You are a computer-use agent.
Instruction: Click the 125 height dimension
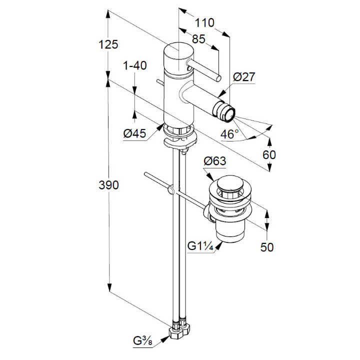108,44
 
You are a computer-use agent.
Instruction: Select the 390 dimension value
108,185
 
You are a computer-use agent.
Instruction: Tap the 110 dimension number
204,22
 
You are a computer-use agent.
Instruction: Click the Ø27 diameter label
244,77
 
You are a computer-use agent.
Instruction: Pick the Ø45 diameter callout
134,133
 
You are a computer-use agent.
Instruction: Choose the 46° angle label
230,133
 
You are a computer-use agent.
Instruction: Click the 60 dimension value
269,155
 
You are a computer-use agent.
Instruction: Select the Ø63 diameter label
215,161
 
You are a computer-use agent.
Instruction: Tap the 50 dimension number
267,247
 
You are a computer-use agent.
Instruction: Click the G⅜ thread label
143,342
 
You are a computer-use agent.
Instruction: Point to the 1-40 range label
134,66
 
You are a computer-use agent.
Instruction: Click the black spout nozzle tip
228,113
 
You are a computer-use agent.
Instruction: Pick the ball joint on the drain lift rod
171,190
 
